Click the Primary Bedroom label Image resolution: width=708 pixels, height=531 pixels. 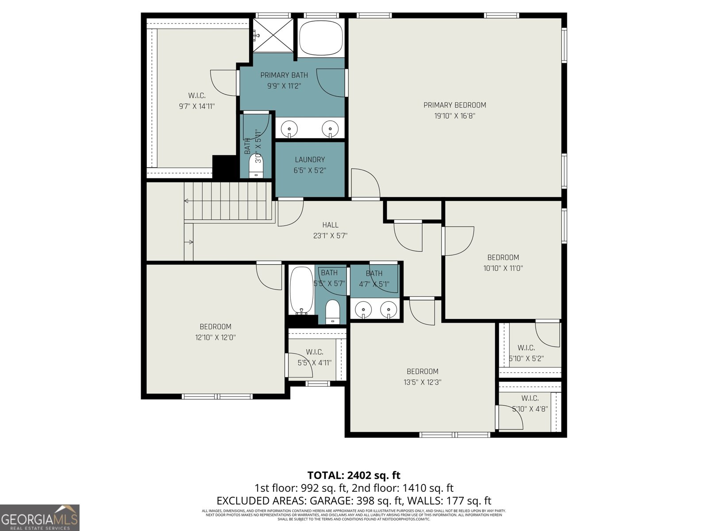pyautogui.click(x=454, y=105)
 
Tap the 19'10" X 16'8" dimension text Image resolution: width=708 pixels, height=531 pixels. pyautogui.click(x=454, y=116)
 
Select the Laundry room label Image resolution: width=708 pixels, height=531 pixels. pyautogui.click(x=310, y=160)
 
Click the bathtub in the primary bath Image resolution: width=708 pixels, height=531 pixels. pyautogui.click(x=321, y=38)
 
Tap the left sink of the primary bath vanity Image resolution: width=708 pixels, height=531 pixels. pyautogui.click(x=289, y=129)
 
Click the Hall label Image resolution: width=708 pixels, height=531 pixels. pyautogui.click(x=330, y=225)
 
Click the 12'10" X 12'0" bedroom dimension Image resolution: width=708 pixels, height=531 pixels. pyautogui.click(x=215, y=337)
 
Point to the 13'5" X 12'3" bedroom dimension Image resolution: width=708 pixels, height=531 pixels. pyautogui.click(x=423, y=382)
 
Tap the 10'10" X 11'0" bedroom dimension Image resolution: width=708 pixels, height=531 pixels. pyautogui.click(x=503, y=268)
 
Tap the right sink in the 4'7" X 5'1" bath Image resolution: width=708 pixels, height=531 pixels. pyautogui.click(x=388, y=308)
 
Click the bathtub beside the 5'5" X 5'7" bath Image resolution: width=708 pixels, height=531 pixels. pyautogui.click(x=301, y=290)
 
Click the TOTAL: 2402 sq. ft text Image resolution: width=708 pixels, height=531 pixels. pyautogui.click(x=354, y=475)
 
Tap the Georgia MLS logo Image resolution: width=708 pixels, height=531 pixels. pyautogui.click(x=40, y=518)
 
